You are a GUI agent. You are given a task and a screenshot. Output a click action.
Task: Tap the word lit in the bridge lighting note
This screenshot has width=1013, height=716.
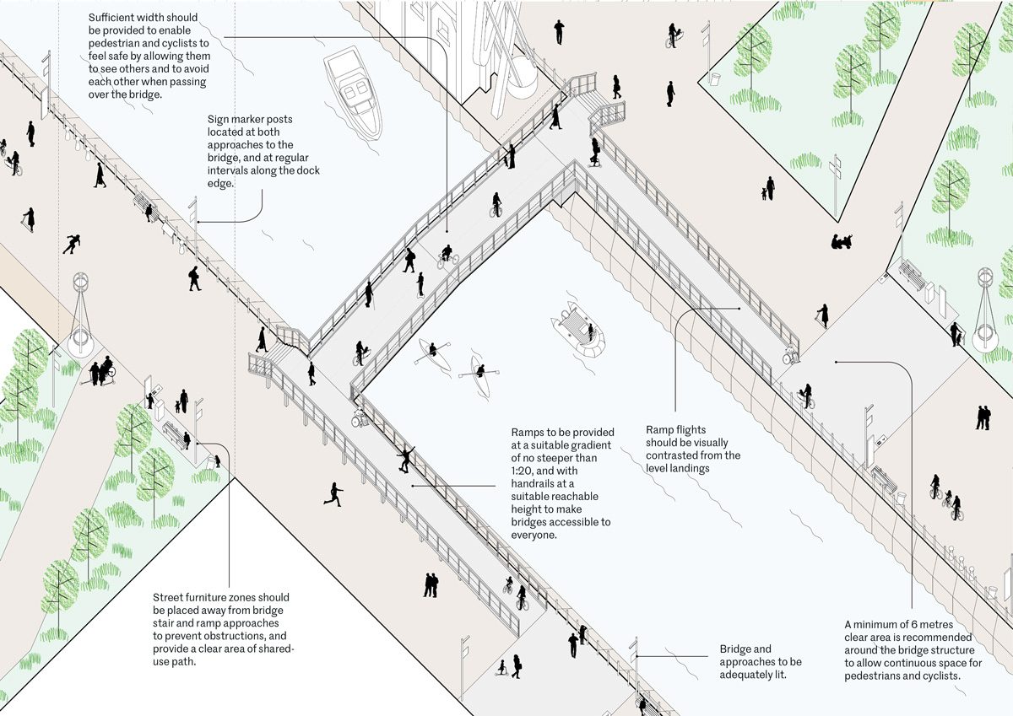[x=779, y=675]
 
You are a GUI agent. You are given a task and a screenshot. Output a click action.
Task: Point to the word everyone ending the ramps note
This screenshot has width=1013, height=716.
[x=532, y=535]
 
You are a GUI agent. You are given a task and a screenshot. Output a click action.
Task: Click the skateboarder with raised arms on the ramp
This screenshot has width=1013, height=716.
[x=407, y=459]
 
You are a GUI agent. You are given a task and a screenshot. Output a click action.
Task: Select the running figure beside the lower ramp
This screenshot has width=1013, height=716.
[x=334, y=494]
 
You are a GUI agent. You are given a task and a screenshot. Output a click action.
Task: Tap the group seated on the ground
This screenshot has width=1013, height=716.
[x=842, y=243]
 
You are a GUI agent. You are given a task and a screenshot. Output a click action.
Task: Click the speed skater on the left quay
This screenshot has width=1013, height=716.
[x=71, y=245]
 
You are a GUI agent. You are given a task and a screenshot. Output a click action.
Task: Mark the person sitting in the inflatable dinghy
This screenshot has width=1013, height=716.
[x=575, y=319]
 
